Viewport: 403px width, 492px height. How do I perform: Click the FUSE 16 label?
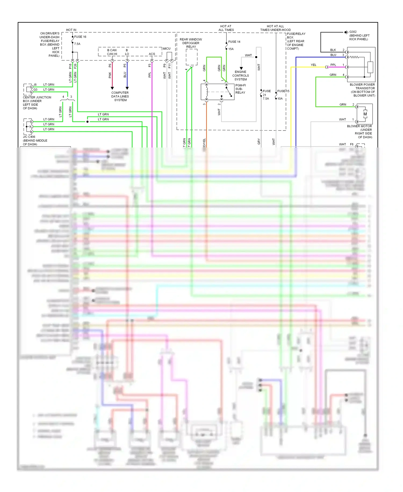click(x=80, y=37)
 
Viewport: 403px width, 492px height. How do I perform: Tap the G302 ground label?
click(x=353, y=32)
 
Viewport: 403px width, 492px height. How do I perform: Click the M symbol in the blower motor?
click(x=365, y=114)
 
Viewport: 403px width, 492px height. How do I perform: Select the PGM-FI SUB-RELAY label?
click(x=240, y=89)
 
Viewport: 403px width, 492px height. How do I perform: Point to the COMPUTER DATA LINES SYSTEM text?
click(x=120, y=96)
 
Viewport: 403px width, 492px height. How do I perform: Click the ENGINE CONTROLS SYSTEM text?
click(x=240, y=76)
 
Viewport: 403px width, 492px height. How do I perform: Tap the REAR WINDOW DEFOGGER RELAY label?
click(x=191, y=43)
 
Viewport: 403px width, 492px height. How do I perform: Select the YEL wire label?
click(x=313, y=65)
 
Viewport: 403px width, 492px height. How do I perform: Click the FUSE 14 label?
click(x=234, y=42)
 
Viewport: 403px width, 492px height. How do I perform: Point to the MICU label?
click(x=167, y=49)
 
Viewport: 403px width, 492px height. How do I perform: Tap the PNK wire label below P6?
click(x=110, y=75)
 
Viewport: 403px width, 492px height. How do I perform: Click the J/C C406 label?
click(x=29, y=137)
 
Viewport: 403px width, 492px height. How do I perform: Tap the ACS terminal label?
click(x=152, y=54)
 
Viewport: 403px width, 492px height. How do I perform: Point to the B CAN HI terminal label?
click(x=112, y=52)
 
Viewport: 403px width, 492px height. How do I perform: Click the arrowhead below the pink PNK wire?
click(x=112, y=88)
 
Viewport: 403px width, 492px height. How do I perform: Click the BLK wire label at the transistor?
click(x=333, y=50)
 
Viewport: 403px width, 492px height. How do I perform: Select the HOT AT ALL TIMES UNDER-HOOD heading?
click(x=275, y=28)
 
